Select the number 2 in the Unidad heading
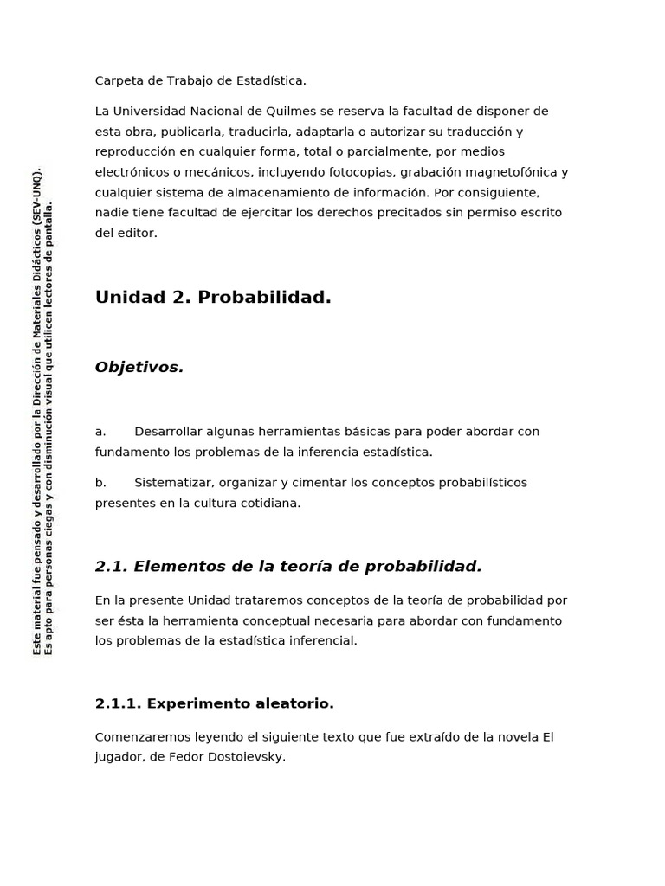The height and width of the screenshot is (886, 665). [x=180, y=298]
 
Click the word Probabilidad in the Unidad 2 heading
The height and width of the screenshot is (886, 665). [x=264, y=298]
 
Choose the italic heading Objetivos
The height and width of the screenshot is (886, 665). [x=139, y=368]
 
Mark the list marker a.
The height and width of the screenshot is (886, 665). [x=100, y=432]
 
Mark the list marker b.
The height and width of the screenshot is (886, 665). [x=100, y=483]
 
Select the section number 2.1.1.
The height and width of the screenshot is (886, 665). [x=118, y=704]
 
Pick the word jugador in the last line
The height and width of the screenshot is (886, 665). [x=119, y=757]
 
